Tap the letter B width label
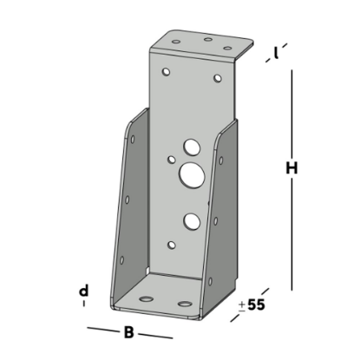click(x=128, y=331)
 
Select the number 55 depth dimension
click(x=255, y=304)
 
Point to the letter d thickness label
click(x=84, y=290)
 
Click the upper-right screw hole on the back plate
click(x=218, y=79)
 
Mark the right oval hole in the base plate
click(x=186, y=304)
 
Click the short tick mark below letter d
click(x=84, y=304)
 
